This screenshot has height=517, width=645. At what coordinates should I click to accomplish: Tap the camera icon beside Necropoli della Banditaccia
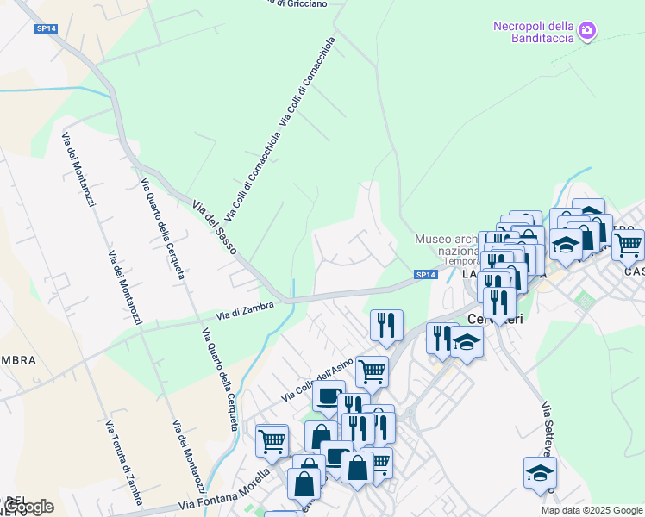(588, 31)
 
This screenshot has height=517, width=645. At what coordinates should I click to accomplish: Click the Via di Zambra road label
(245, 310)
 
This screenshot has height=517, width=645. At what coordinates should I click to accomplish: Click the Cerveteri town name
(495, 318)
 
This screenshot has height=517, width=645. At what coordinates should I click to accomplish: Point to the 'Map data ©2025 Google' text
(591, 510)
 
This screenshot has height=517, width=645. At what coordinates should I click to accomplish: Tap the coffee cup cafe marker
(328, 396)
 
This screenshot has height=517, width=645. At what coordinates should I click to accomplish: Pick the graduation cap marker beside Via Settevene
(540, 472)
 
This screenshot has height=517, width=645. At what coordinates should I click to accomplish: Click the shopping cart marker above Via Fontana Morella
(272, 439)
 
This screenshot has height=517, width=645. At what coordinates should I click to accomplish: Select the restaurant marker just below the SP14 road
(386, 324)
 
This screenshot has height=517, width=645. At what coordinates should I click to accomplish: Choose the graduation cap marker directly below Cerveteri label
(467, 342)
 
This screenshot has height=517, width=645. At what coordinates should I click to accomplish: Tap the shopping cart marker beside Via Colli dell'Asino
(372, 371)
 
